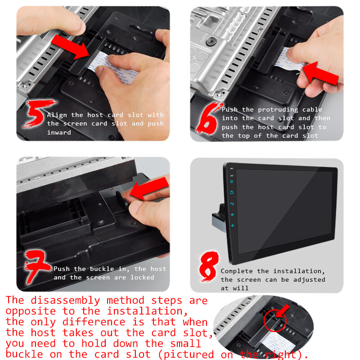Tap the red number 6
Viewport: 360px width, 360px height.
208,118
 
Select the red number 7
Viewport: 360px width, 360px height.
37,266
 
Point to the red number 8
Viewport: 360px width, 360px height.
208,266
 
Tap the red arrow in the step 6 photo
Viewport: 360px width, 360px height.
320,73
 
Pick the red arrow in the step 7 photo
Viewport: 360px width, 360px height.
149,188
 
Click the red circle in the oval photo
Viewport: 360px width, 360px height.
275,320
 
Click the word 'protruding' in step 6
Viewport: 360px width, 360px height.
278,110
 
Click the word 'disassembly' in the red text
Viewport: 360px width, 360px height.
65,301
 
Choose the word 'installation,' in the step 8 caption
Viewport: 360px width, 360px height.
299,271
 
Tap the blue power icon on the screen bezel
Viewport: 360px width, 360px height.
231,181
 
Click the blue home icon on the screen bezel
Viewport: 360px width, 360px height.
232,193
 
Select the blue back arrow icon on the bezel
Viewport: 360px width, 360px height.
232,204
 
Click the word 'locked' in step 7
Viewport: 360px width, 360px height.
142,277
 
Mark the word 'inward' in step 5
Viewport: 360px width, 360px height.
59,132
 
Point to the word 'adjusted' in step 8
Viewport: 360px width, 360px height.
309,279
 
